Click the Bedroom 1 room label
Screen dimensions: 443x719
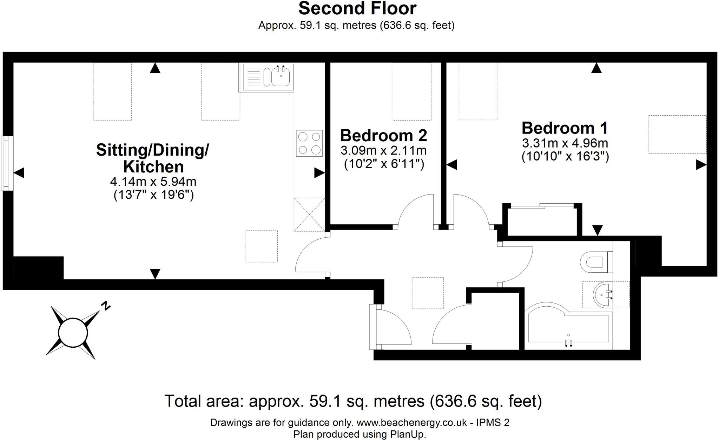[x=565, y=128]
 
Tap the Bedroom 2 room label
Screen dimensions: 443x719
[x=383, y=136]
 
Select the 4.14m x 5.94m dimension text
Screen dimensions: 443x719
[x=153, y=182]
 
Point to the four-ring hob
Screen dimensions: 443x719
[x=309, y=143]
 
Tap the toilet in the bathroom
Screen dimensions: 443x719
[x=596, y=262]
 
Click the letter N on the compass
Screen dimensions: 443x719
[x=105, y=306]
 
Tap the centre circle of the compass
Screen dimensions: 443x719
[x=73, y=332]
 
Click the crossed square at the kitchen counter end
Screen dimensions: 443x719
[x=309, y=214]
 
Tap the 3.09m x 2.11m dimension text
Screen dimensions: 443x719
[x=383, y=151]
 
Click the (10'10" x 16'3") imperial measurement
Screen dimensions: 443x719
[x=565, y=156]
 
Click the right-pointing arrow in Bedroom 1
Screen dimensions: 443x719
[x=701, y=165]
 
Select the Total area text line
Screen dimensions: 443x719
[x=353, y=401]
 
